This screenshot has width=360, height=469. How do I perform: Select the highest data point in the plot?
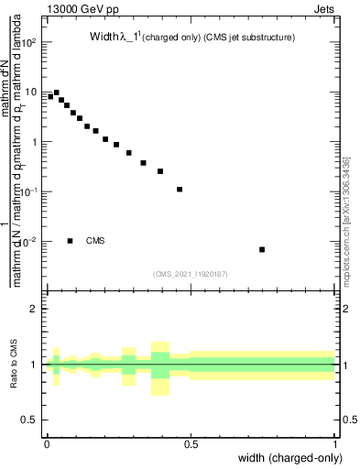click(x=56, y=93)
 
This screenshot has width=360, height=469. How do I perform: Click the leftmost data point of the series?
click(x=50, y=96)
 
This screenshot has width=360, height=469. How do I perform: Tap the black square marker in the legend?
click(x=70, y=241)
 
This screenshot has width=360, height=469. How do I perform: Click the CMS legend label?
click(x=95, y=241)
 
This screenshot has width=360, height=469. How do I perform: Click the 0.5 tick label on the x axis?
click(x=191, y=444)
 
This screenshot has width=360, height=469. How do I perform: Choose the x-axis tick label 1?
click(x=335, y=444)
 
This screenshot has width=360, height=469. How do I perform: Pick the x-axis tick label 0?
click(x=47, y=444)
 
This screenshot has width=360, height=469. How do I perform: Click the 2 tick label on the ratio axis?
click(x=34, y=309)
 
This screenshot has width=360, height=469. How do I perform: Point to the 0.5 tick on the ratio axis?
click(x=31, y=420)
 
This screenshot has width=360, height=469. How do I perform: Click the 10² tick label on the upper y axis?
click(x=29, y=42)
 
